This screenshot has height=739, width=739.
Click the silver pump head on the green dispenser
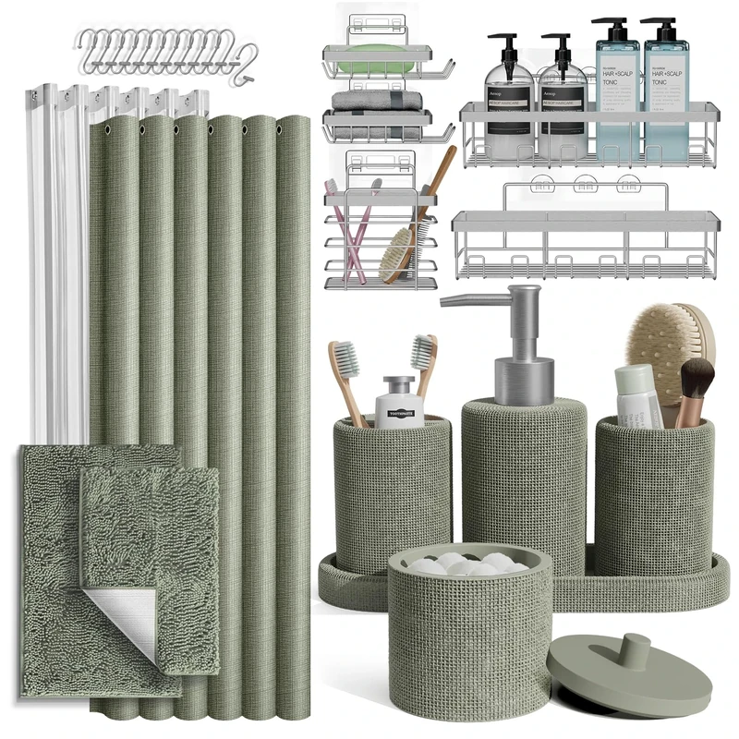(x=518, y=342)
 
